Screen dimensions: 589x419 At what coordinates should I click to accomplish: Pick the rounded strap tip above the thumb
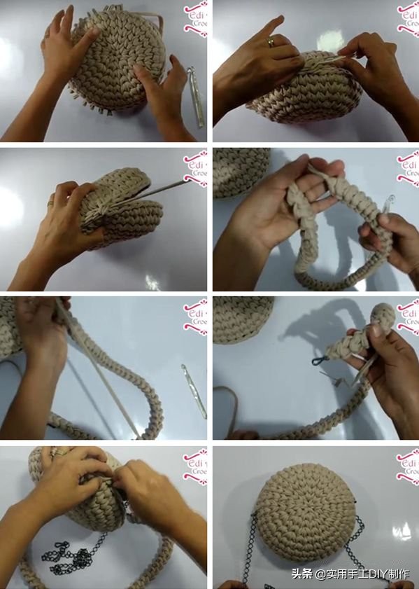click(384, 315)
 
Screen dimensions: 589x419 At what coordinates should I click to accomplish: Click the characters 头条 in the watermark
click(302, 574)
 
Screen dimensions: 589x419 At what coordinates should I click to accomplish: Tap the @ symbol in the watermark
click(319, 574)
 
